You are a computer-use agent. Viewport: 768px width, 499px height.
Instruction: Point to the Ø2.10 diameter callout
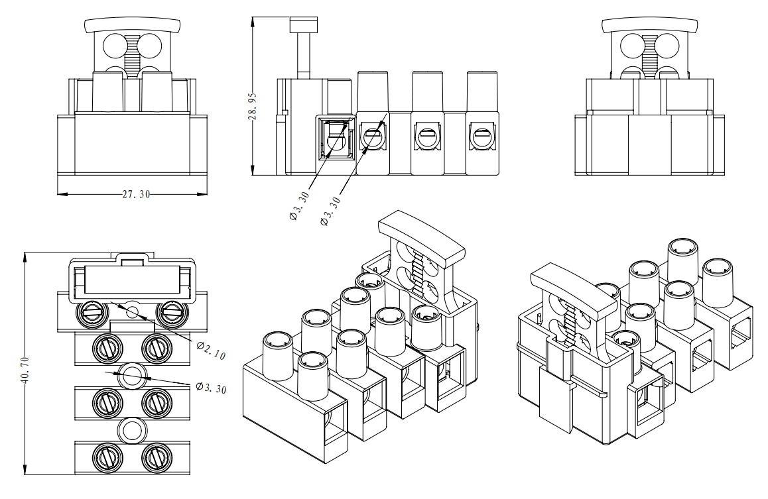click(x=212, y=351)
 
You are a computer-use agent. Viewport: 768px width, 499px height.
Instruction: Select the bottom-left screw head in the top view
click(x=106, y=456)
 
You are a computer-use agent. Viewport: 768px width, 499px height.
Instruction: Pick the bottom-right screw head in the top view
click(x=157, y=456)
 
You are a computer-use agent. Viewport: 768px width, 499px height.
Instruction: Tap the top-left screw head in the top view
click(x=90, y=311)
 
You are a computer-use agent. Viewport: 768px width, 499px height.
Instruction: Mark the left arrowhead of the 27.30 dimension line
click(x=62, y=194)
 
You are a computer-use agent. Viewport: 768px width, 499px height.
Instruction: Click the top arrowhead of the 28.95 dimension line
click(x=253, y=21)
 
